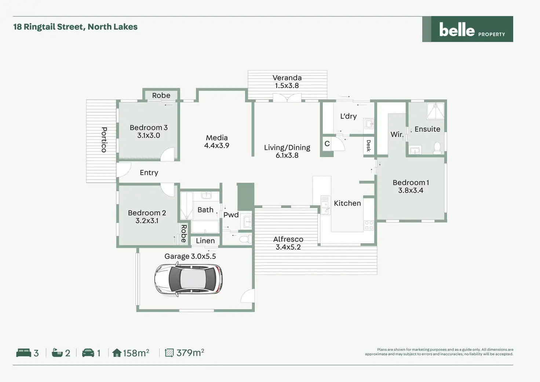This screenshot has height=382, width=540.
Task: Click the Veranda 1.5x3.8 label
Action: pos(287,81)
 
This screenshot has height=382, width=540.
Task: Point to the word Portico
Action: pos(104,139)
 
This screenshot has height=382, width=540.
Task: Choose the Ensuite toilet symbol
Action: pos(437,148)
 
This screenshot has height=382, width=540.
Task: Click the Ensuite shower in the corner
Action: pos(435,111)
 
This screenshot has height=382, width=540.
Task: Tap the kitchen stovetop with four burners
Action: pos(368,225)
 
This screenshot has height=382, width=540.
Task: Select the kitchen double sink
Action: pos(325,204)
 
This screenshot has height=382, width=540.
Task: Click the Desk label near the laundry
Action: pos(369,146)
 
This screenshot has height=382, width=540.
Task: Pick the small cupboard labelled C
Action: pos(327,144)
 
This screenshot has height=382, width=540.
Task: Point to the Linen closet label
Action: pos(205,241)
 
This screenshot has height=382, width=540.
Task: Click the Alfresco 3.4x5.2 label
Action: pos(288,243)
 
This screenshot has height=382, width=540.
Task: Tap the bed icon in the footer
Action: pos(24,353)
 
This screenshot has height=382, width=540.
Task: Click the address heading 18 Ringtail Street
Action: pos(75,27)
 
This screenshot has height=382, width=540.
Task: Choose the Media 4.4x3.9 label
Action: pos(216,142)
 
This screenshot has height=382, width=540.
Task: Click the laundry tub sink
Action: pos(369,124)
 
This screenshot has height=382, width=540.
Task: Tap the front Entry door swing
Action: pos(124,170)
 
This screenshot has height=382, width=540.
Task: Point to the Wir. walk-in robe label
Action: pos(397,134)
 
